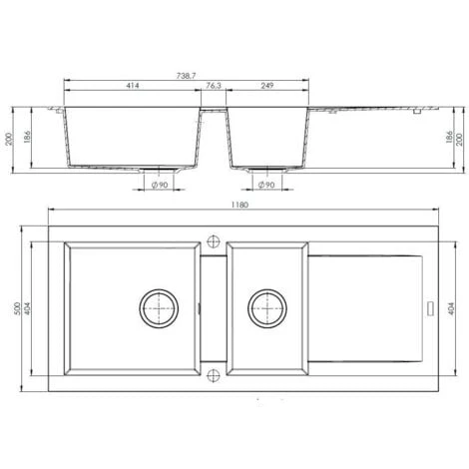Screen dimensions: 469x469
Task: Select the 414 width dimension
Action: [131, 88]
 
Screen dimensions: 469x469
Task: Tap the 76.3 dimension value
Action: [214, 88]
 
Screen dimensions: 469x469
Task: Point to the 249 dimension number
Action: [266, 88]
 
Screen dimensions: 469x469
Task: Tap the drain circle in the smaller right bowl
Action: [266, 307]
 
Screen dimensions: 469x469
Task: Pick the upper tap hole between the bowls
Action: [213, 239]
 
